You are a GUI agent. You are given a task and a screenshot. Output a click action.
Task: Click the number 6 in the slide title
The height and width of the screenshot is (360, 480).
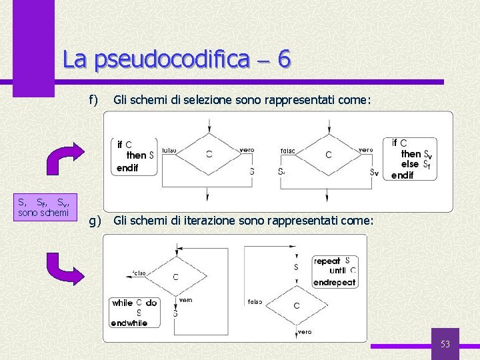283,59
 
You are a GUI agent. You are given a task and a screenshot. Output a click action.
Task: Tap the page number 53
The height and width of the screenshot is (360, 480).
445,344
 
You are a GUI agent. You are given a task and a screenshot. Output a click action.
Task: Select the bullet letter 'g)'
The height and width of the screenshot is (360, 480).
94,221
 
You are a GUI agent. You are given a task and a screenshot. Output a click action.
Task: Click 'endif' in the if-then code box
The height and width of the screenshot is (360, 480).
127,168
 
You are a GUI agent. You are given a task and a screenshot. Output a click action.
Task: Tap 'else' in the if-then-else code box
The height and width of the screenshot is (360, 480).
410,164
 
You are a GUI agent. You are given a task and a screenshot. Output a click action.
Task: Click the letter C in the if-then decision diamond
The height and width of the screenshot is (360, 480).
209,154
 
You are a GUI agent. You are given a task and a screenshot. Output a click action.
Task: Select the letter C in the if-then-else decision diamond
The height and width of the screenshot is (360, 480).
328,155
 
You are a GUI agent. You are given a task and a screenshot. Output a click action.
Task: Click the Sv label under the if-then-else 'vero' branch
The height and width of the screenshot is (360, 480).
374,172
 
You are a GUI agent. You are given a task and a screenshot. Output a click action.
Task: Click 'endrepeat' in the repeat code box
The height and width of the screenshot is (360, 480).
335,282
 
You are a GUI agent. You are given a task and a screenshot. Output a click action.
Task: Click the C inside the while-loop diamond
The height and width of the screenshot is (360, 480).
175,277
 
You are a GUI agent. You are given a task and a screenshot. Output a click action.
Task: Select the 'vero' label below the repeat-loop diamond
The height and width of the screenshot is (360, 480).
305,331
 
